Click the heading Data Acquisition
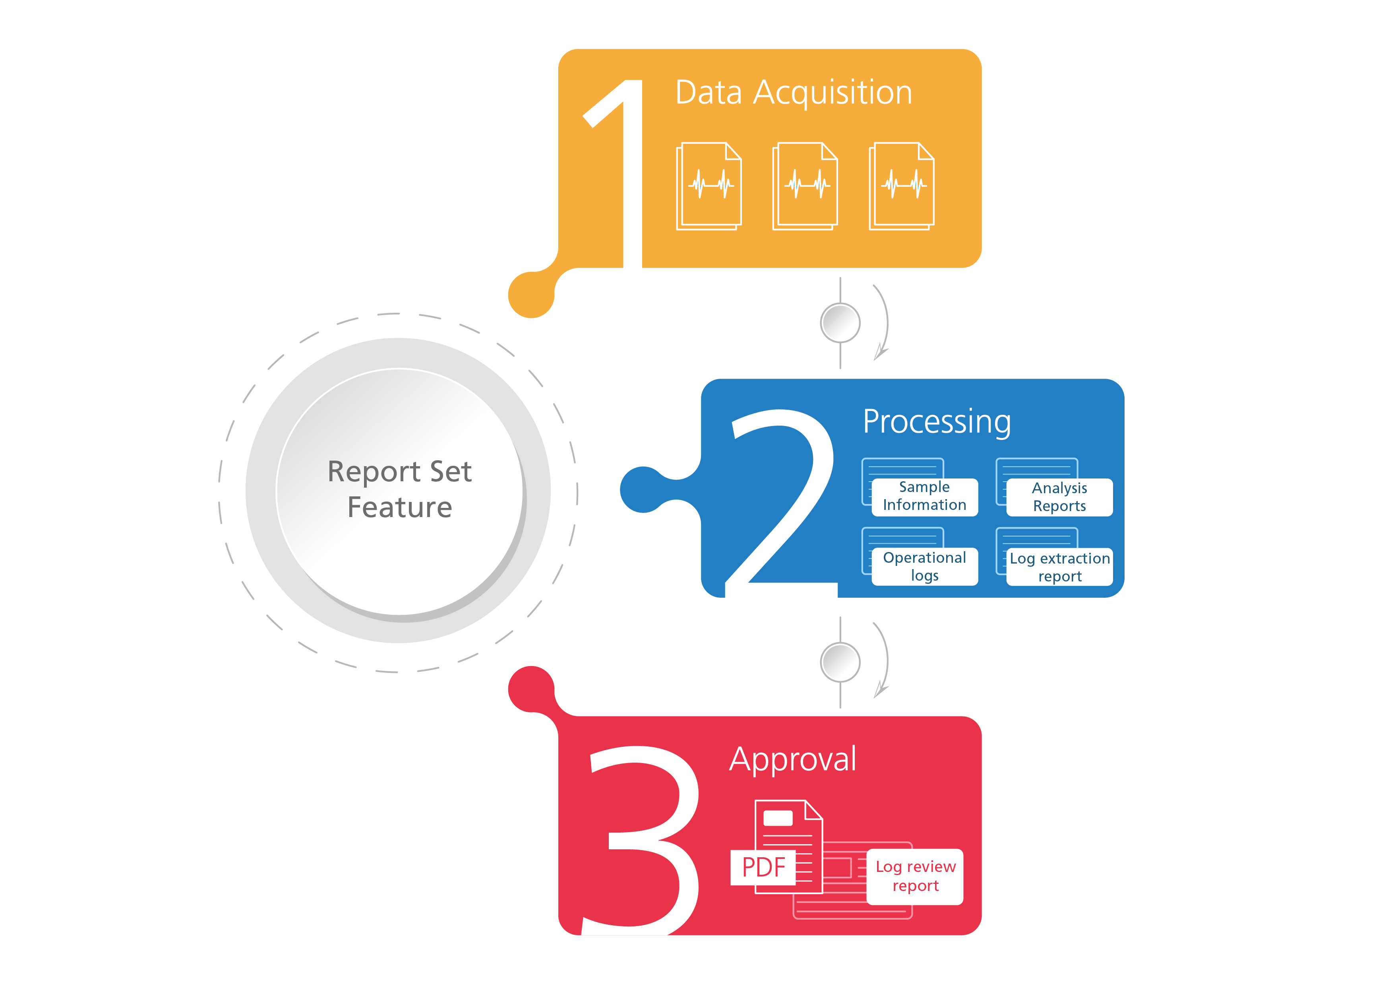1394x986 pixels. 794,93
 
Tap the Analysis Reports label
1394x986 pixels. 1059,497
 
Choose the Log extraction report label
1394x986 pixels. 1059,567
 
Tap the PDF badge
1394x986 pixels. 763,867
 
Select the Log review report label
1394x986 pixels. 915,876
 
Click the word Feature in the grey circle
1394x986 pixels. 399,508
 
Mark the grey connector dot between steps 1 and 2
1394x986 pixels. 840,323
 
